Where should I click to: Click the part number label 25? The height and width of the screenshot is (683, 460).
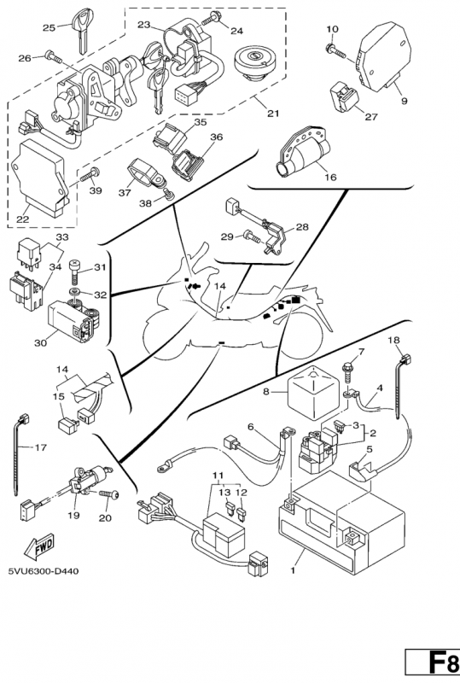(49, 28)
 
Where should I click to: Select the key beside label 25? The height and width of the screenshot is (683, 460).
(81, 31)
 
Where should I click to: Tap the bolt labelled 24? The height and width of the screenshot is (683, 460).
(217, 18)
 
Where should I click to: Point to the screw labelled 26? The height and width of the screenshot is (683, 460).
(54, 57)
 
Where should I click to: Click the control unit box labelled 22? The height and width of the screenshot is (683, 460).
(40, 177)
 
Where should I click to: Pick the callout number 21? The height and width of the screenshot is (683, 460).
(273, 114)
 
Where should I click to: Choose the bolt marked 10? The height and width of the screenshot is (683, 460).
(335, 51)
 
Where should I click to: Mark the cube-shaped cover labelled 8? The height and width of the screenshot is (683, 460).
(312, 392)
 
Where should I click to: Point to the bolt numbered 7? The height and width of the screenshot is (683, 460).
(348, 372)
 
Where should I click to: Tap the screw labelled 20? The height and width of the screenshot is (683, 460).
(110, 495)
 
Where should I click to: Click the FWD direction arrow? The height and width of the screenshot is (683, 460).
(38, 547)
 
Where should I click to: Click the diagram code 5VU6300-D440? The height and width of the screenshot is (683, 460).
(44, 571)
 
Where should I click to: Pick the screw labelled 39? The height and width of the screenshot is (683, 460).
(90, 174)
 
